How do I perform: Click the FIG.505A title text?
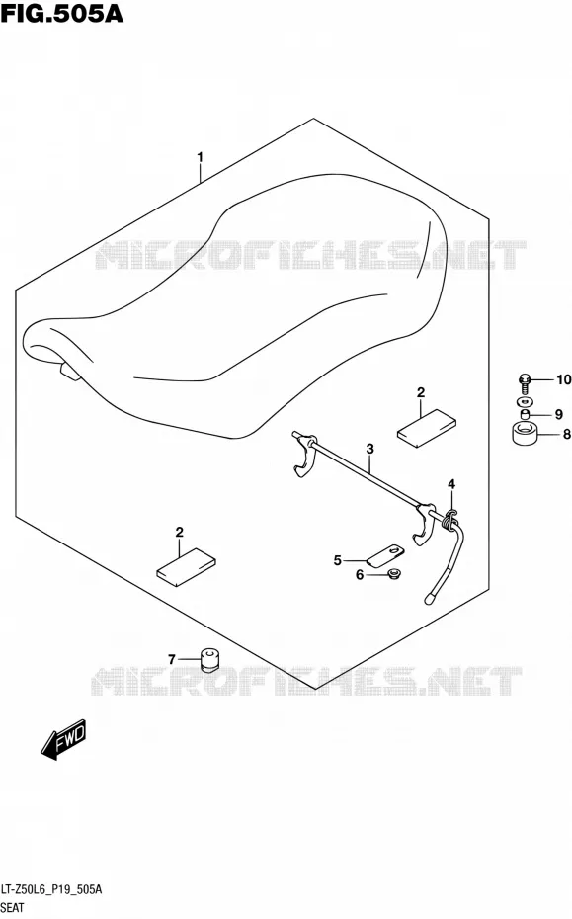click(x=62, y=13)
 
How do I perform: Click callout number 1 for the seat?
click(x=200, y=157)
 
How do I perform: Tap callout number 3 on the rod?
click(x=369, y=449)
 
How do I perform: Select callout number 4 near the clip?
click(x=451, y=484)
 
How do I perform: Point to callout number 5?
click(x=338, y=561)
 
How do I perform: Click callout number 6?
click(x=360, y=575)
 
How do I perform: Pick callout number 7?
click(x=172, y=660)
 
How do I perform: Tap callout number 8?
click(x=566, y=434)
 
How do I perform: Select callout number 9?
click(x=558, y=414)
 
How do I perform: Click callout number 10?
click(x=563, y=379)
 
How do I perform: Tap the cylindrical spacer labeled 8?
click(x=526, y=433)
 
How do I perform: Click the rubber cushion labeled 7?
click(x=208, y=659)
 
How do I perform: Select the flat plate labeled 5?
click(x=385, y=555)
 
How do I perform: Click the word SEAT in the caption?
click(x=12, y=908)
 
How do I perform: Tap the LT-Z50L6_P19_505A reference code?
click(x=51, y=889)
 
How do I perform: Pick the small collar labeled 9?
click(x=526, y=414)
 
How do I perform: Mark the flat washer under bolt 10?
click(x=526, y=401)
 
